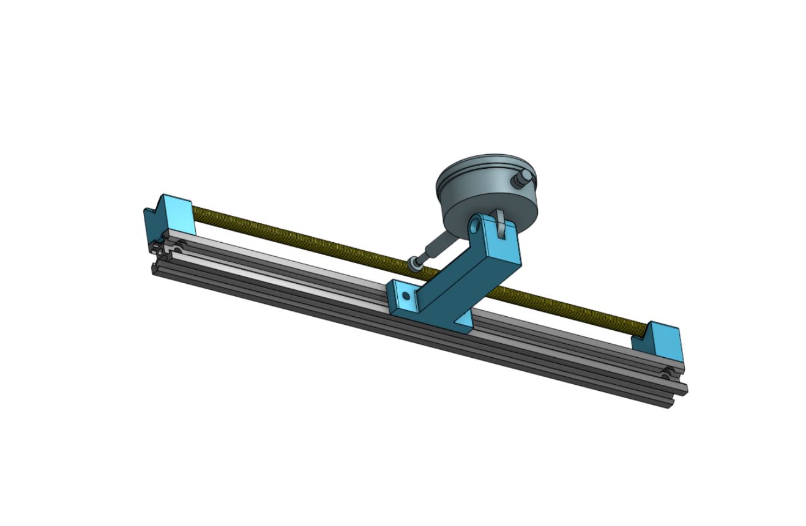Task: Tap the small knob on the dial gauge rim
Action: pyautogui.click(x=524, y=178)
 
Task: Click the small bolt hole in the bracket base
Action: pyautogui.click(x=406, y=296)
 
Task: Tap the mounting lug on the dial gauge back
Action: pyautogui.click(x=500, y=223)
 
